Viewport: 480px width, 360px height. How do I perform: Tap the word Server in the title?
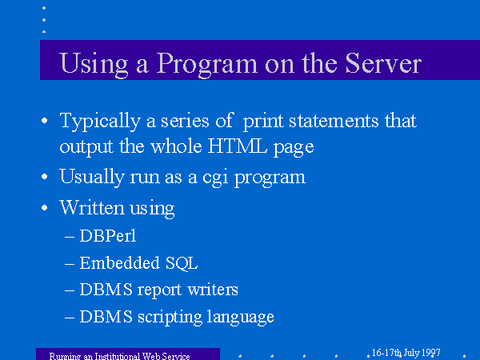(383, 63)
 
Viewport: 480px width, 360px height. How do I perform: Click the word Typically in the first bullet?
(100, 122)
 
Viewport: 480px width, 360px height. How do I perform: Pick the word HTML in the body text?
(237, 146)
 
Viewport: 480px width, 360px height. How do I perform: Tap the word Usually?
(92, 178)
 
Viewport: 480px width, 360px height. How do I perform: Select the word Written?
(92, 207)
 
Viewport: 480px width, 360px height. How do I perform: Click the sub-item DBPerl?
(107, 236)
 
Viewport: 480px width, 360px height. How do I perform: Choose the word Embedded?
(119, 262)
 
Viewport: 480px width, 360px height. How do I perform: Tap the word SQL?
(182, 263)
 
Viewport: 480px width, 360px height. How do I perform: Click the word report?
(159, 290)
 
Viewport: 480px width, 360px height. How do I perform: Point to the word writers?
(213, 290)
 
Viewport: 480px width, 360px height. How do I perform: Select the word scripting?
(170, 317)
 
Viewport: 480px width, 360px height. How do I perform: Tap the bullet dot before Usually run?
(44, 177)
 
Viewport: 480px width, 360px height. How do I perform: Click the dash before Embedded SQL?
(70, 263)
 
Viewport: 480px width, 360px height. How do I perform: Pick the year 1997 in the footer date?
(430, 353)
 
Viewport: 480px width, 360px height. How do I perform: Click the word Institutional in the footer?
(118, 356)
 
